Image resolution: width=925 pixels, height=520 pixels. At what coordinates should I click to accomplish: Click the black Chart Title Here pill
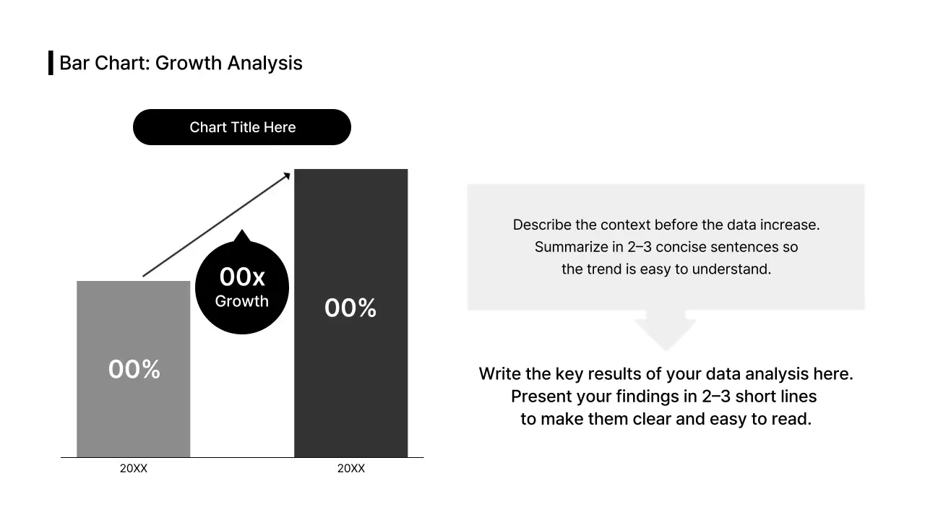click(241, 127)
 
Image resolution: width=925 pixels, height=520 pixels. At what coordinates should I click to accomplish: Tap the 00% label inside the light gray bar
click(134, 369)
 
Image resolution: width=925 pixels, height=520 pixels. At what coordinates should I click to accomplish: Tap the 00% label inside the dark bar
click(350, 308)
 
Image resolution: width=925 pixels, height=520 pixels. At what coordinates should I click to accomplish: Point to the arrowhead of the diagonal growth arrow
click(287, 175)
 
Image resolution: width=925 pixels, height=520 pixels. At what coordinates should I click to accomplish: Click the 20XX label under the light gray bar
click(134, 469)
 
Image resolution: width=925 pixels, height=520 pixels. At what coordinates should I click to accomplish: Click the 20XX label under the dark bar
click(350, 469)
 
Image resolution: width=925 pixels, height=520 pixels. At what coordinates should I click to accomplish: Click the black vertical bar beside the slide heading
click(51, 63)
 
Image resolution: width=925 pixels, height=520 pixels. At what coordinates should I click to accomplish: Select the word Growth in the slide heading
click(189, 63)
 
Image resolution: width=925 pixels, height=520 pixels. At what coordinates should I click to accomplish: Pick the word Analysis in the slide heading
click(264, 63)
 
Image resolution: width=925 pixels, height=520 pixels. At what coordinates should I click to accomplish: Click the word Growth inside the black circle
click(242, 302)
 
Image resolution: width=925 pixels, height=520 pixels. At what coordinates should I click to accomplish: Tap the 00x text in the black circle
click(242, 277)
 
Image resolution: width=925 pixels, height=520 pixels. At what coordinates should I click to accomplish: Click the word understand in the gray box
click(730, 269)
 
